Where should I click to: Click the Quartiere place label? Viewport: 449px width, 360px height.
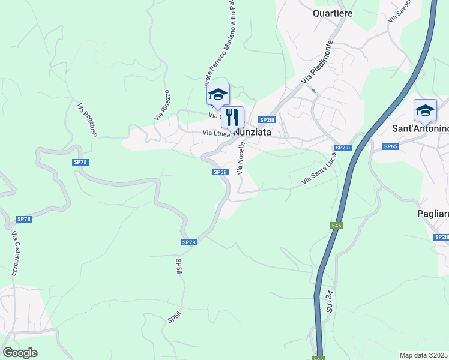[333, 13]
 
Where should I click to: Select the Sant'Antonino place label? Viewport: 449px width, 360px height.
[420, 128]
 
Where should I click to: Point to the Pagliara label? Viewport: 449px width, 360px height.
[433, 213]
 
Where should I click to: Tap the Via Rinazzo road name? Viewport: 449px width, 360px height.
[162, 105]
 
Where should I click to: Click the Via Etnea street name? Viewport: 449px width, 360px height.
[216, 133]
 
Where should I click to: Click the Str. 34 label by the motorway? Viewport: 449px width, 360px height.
[330, 303]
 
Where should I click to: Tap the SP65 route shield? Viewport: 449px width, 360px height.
[391, 146]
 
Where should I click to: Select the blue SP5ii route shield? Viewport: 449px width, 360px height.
[220, 172]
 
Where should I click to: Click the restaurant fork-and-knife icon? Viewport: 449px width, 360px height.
[232, 117]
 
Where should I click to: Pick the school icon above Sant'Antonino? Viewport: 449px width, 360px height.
[425, 110]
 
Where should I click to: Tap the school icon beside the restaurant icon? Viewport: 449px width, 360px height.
[218, 94]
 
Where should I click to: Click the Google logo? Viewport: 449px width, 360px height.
[20, 353]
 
